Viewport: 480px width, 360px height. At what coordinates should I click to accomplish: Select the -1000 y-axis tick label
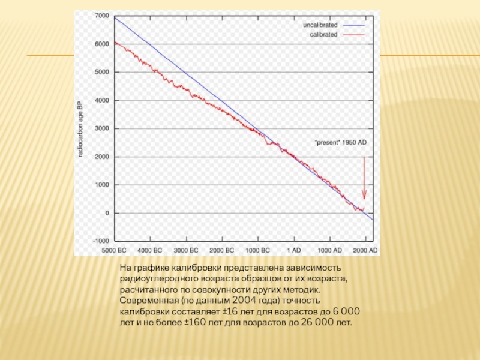coord(100,241)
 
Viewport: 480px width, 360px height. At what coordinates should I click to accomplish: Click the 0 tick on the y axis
coord(107,213)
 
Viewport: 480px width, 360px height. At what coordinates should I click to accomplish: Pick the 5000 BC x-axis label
coord(114,250)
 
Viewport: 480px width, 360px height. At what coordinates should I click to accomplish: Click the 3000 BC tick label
coord(186,250)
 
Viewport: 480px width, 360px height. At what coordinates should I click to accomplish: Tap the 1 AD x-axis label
coord(293,250)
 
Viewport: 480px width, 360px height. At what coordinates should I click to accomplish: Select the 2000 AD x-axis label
coord(365,250)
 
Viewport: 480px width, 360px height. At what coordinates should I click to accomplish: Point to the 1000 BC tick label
coord(257,250)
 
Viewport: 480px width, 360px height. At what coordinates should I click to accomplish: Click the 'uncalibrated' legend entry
coord(320,25)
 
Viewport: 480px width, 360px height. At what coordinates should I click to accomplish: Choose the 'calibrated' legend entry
coord(323,34)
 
